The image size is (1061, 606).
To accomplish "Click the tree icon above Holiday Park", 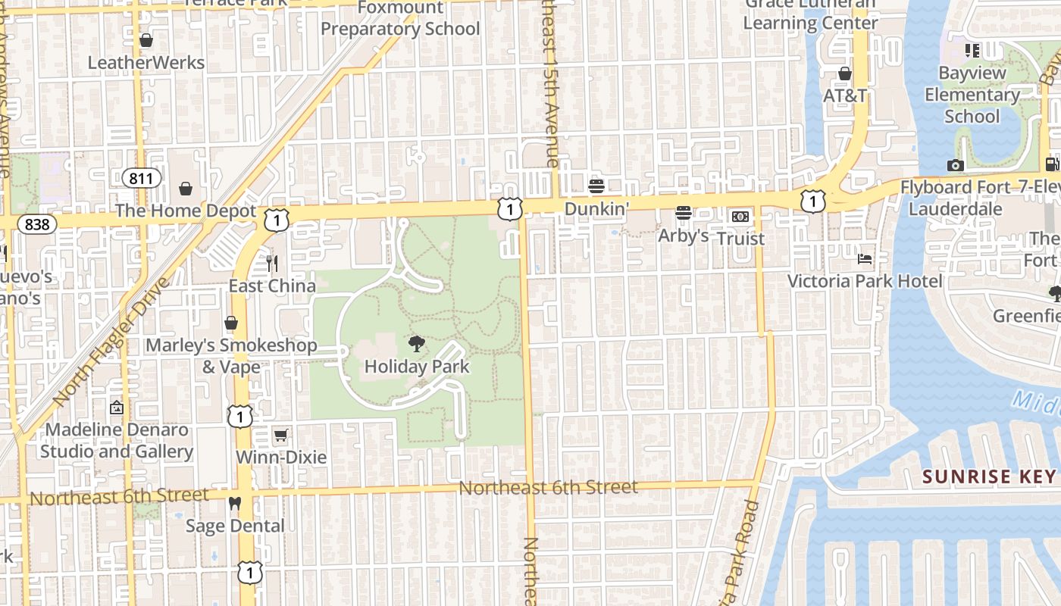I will tap(416, 345).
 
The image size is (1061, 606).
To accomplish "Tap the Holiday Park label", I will tap(417, 367).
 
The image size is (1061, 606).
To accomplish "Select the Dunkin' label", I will tap(596, 208).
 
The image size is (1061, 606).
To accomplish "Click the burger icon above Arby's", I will tap(684, 213).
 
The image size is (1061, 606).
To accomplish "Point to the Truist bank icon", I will tap(740, 217).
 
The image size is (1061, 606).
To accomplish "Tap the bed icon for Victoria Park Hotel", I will tap(865, 259).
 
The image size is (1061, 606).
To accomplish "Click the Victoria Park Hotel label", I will tap(865, 282).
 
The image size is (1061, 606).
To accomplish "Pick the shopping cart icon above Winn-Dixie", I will tap(280, 435).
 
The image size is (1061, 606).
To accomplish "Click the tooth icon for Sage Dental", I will tap(234, 503).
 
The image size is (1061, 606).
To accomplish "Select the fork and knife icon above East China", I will tap(272, 264).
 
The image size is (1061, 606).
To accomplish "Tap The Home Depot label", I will tap(186, 211).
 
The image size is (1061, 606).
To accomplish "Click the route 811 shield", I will tap(142, 179).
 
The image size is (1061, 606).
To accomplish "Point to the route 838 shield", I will tap(36, 223).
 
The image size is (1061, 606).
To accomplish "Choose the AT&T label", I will tap(845, 96).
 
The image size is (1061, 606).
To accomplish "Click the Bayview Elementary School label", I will tap(972, 95).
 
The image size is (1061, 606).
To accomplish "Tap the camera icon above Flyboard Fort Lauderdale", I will tap(955, 165).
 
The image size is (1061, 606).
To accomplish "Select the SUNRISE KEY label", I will tap(989, 476).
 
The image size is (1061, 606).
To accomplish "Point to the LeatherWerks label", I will tap(146, 62).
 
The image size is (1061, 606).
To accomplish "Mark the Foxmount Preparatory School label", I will tap(400, 18).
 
